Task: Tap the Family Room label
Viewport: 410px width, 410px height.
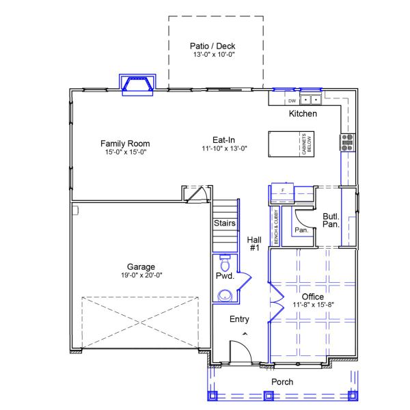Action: pos(125,143)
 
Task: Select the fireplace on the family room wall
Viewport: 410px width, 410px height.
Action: pos(138,83)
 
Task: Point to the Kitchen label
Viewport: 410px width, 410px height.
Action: pos(303,113)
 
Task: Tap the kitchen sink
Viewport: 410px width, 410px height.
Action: pos(311,100)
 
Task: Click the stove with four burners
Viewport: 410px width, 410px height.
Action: pos(347,142)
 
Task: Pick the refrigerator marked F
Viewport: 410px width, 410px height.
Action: pos(282,193)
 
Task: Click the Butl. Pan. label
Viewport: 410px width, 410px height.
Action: pos(331,220)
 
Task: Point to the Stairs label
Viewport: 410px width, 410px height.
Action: pos(225,223)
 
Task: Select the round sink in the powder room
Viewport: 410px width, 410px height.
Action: pos(223,295)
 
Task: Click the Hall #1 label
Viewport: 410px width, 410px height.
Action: pos(254,244)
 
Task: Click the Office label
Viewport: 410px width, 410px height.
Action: pos(313,297)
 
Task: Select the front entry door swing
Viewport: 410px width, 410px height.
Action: pos(238,351)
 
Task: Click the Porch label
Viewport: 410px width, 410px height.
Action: pos(282,382)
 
